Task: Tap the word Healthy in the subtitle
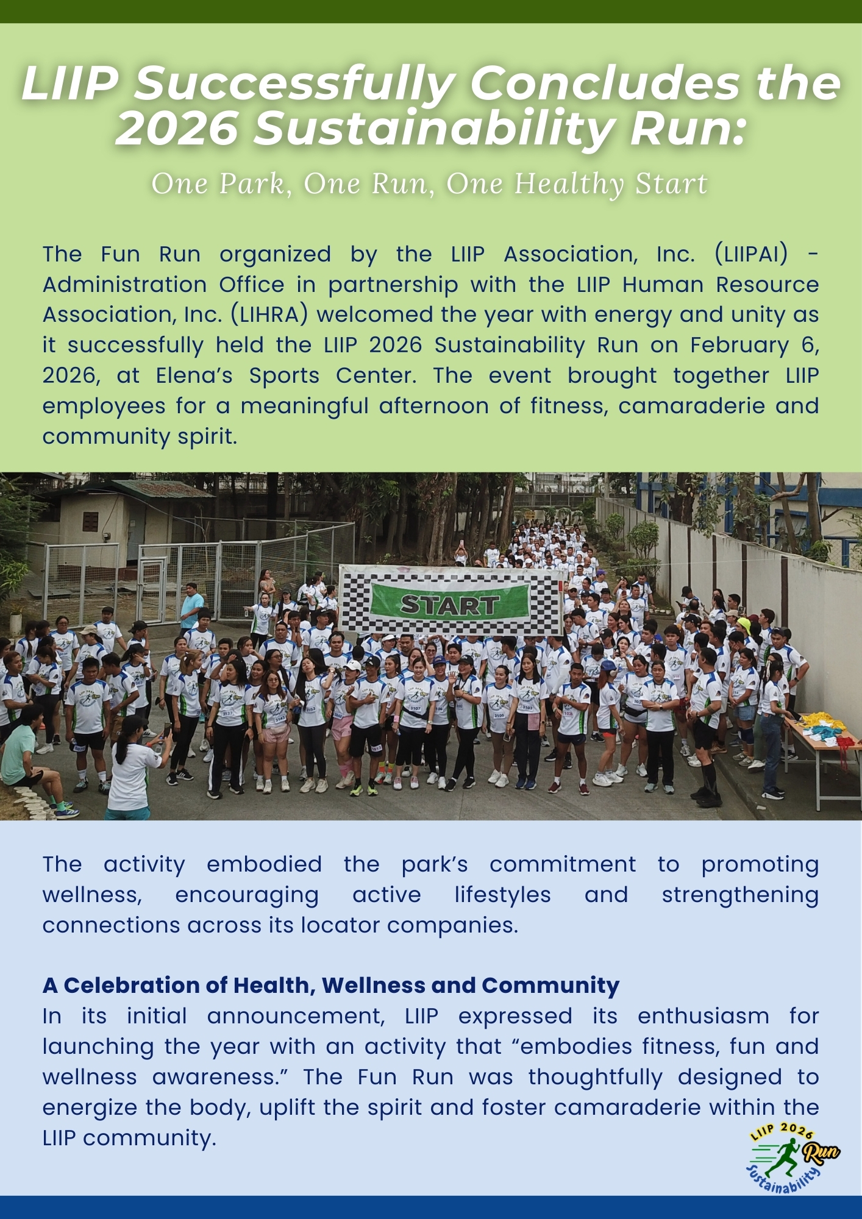point(570,183)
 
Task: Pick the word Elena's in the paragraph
point(194,375)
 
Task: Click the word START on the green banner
point(449,605)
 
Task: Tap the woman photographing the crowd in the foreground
point(133,768)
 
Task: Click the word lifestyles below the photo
point(502,895)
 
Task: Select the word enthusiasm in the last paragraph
point(703,1016)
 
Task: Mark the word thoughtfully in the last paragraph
point(595,1077)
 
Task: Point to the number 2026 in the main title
point(177,129)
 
